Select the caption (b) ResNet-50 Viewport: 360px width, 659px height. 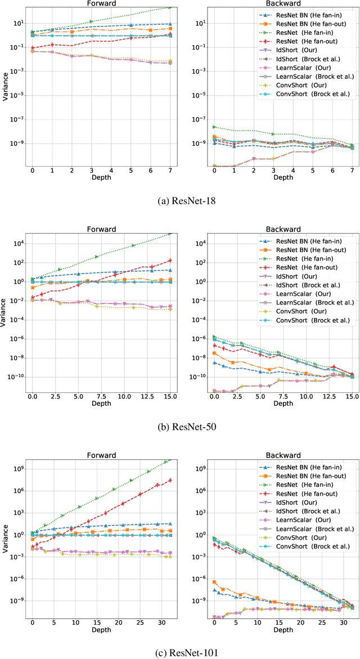tap(180, 426)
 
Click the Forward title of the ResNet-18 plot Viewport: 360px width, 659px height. tap(102, 3)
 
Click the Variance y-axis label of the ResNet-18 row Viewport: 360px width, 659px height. tap(5, 87)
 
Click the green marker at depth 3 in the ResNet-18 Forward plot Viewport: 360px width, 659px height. tap(91, 21)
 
